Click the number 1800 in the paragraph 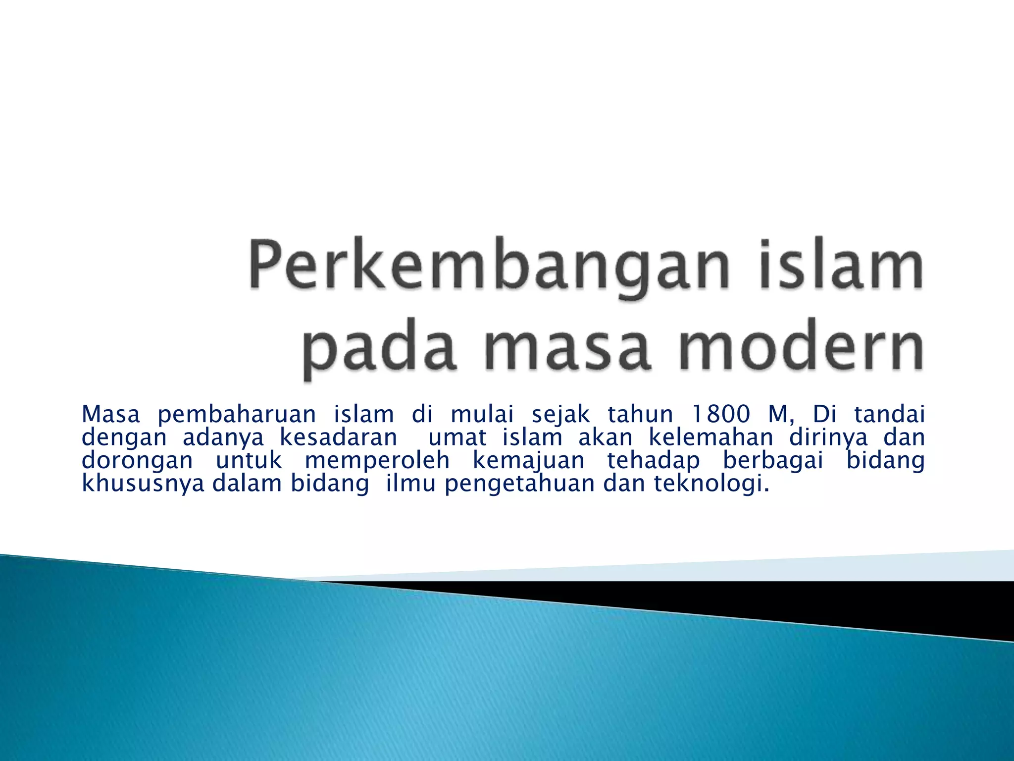720,414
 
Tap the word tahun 640,414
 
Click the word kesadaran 339,437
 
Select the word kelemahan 711,437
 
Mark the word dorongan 137,461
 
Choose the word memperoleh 377,461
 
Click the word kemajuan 529,461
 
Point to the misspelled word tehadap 654,461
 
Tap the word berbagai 773,461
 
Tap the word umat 457,437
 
